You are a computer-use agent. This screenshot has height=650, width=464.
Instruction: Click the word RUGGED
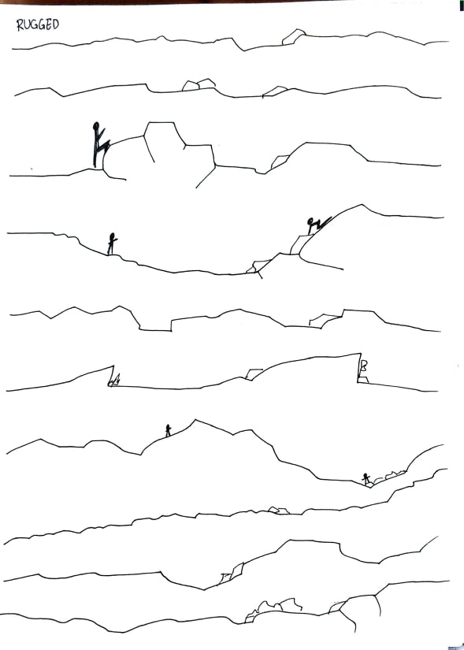pos(38,25)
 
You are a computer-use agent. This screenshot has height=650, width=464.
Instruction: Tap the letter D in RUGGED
pos(54,24)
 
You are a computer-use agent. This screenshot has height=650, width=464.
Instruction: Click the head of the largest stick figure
pos(97,124)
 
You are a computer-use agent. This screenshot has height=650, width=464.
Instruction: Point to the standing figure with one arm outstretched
pos(112,243)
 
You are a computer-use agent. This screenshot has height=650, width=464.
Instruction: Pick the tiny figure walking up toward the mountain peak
pos(168,430)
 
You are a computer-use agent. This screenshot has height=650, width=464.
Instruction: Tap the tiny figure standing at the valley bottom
pos(366,479)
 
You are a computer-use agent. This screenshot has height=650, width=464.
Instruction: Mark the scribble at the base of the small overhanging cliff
pos(115,381)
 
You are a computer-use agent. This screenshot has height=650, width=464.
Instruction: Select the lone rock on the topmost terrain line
pos(294,36)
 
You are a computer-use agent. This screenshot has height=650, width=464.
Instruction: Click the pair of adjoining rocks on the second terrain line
pos(199,84)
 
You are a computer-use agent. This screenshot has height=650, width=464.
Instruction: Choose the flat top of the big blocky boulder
pos(161,123)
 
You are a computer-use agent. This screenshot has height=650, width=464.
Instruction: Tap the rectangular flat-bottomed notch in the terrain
pos(155,325)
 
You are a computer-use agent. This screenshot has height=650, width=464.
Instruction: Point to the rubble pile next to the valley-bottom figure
pos(390,477)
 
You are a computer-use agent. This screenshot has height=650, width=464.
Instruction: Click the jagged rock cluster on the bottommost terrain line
pos(274,608)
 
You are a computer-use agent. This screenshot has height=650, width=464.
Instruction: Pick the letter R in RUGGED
pos(20,26)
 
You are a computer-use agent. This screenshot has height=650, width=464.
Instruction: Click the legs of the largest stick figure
pos(98,154)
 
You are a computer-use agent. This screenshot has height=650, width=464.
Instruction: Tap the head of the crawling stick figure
pos(310,221)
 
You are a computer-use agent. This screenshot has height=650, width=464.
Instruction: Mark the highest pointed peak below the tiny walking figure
pos(195,421)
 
